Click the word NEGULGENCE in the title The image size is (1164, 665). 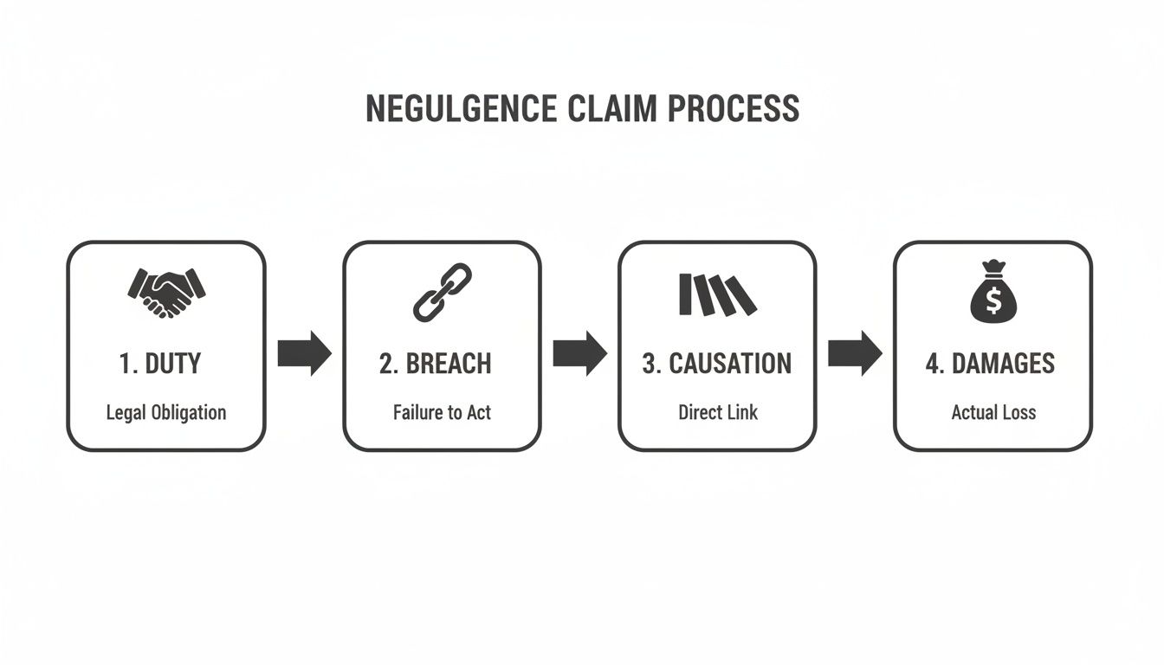click(462, 109)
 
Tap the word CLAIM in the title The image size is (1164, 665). click(611, 109)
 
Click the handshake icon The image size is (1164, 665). click(166, 292)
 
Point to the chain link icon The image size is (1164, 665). click(442, 292)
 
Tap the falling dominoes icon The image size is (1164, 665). click(716, 294)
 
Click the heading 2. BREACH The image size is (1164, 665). click(435, 364)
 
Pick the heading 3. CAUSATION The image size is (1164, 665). click(716, 364)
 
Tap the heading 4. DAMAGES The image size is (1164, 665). click(990, 364)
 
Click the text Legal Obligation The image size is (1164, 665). click(165, 413)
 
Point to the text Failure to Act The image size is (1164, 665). click(442, 413)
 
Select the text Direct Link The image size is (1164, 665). click(717, 413)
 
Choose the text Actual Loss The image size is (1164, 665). click(993, 413)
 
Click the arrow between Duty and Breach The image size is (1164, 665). click(304, 352)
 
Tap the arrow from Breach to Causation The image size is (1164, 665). click(579, 352)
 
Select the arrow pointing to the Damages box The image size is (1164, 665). click(855, 352)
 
